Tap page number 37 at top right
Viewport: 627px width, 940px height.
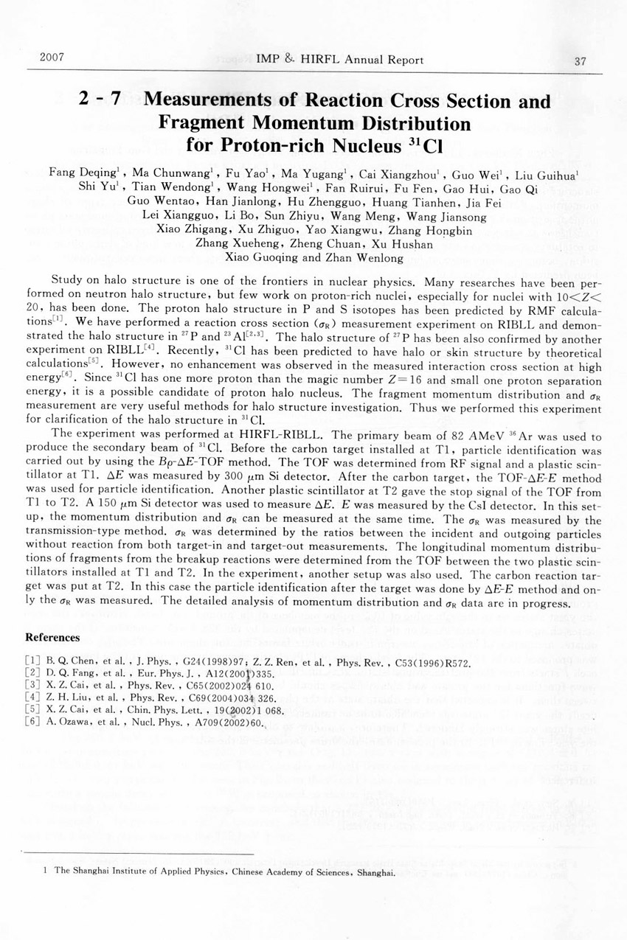[579, 61]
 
